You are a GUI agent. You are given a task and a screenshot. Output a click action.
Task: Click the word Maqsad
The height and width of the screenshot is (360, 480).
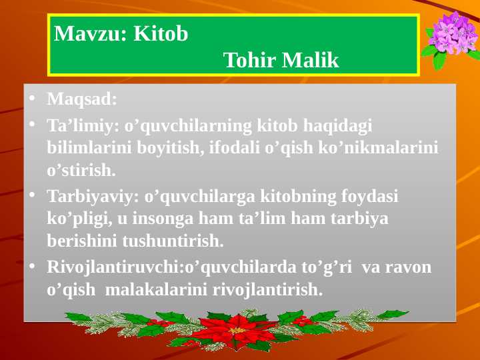click(x=81, y=99)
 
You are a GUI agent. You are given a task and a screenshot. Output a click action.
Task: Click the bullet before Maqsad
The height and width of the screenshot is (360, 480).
click(x=31, y=100)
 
